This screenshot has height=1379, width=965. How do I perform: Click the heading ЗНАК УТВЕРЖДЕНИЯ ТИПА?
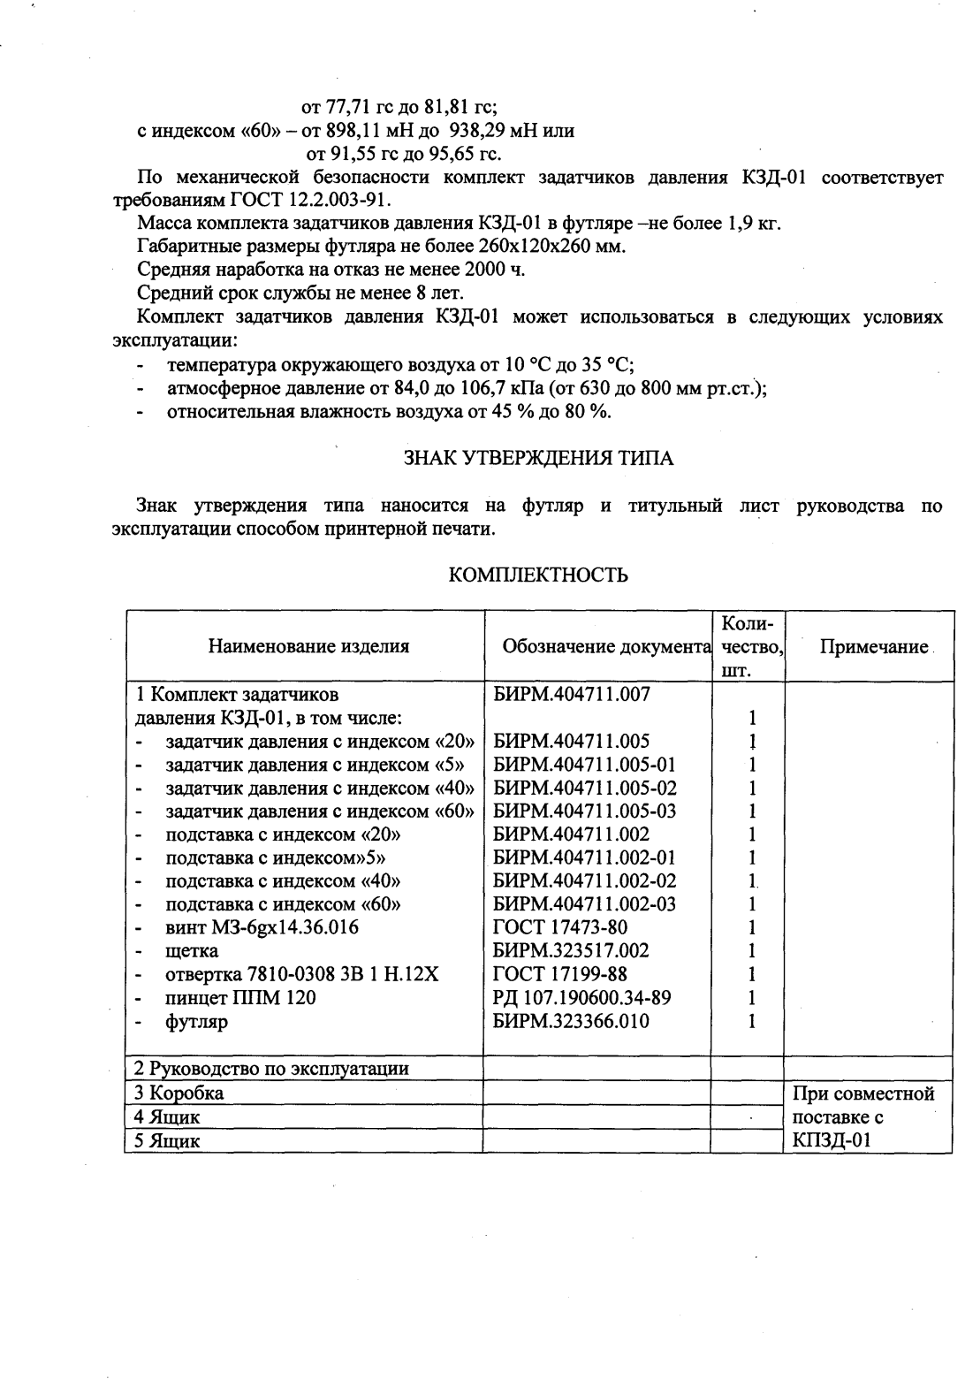[538, 459]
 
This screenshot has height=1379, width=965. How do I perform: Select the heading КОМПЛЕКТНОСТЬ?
[538, 575]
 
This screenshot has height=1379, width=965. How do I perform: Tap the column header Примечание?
[873, 646]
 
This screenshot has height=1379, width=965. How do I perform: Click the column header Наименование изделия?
[308, 646]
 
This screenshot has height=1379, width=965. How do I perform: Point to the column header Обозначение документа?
[606, 646]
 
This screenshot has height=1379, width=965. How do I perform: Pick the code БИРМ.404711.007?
[571, 695]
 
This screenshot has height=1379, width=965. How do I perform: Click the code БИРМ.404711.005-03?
[584, 811]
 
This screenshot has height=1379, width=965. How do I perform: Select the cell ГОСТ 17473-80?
[548, 927]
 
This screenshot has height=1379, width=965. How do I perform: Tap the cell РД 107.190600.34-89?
[581, 998]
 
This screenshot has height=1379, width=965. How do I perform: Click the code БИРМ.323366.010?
[571, 1021]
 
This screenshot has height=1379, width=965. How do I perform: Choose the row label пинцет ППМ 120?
[240, 998]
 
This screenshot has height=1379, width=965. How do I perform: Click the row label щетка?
[192, 951]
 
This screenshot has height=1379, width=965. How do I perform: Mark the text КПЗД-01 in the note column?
[832, 1140]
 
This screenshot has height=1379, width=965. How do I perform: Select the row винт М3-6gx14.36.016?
[262, 927]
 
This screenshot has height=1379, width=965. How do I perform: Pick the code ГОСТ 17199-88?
[548, 974]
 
